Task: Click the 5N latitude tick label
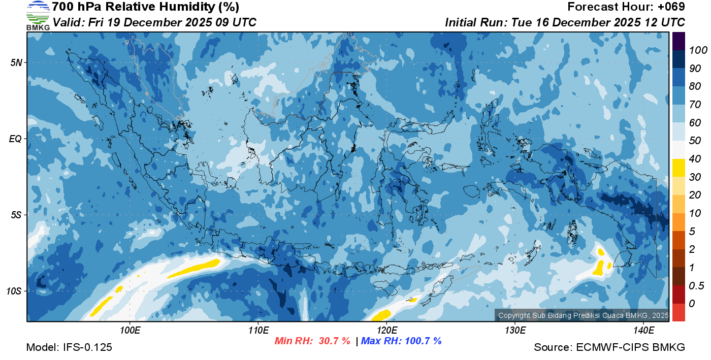point(16,62)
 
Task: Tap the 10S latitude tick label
point(14,291)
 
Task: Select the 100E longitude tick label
point(130,330)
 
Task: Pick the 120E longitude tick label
point(386,330)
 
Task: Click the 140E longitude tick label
point(643,330)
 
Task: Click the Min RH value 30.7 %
point(334,341)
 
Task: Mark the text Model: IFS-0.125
point(69,348)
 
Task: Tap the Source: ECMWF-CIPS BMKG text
point(609,348)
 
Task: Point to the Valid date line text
point(154,22)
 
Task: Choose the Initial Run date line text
point(565,22)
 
